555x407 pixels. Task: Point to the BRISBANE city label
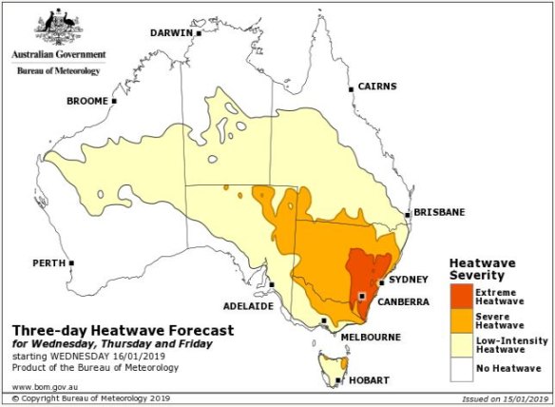tap(440, 213)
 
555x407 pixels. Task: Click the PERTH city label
tap(48, 262)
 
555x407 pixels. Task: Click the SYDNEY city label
tap(410, 281)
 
